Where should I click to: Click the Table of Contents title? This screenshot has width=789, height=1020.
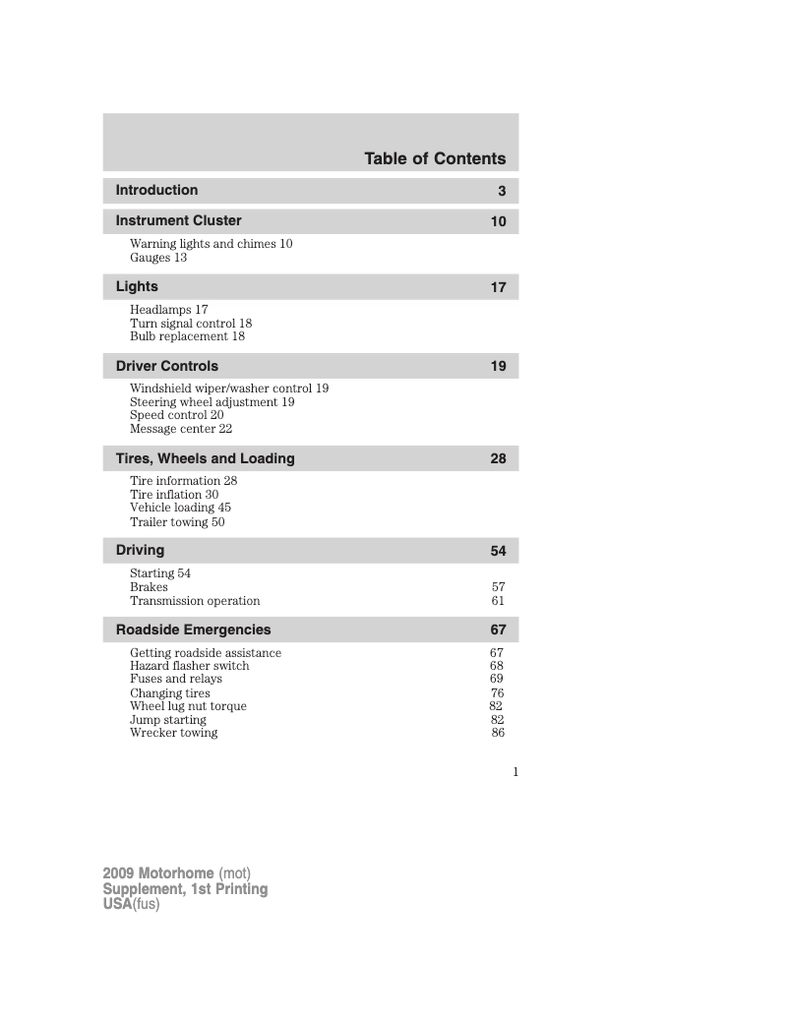434,158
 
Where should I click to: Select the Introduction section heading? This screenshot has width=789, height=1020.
156,190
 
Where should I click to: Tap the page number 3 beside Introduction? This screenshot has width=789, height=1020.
501,191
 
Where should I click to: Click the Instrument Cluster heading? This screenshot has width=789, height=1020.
178,220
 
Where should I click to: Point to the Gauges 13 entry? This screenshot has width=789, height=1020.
158,258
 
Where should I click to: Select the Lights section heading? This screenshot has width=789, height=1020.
137,286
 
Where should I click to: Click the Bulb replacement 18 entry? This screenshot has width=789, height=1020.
187,336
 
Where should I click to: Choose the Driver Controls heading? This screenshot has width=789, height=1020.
167,366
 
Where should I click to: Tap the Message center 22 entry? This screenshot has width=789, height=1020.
181,429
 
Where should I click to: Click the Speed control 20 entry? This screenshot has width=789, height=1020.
176,415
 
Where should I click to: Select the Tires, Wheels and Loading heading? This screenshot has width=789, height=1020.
205,458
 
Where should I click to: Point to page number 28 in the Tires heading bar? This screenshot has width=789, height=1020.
498,458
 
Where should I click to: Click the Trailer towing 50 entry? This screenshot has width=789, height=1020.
177,522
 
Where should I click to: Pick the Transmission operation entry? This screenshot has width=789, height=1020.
195,601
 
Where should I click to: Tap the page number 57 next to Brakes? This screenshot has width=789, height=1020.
498,587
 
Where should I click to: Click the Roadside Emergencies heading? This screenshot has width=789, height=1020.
193,630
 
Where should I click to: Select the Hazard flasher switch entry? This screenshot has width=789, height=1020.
189,666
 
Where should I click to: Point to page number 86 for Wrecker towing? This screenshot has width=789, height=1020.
498,733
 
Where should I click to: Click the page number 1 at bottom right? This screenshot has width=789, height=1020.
515,772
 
